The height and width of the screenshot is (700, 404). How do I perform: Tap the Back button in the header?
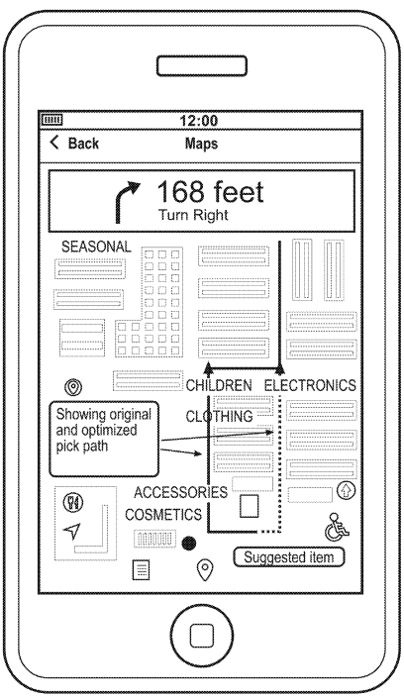coord(74,144)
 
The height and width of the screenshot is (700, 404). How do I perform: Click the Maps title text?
coord(201,144)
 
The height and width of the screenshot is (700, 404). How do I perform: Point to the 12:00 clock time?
coord(199,121)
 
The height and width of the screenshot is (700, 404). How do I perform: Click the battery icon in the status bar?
coord(52,120)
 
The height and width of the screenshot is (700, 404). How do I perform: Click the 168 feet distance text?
coord(210,192)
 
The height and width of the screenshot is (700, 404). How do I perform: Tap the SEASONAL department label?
coord(96,247)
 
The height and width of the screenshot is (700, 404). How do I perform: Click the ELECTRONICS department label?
coord(310,385)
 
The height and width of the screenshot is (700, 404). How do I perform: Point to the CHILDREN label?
coord(219,385)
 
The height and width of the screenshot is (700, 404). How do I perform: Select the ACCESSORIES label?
coord(181,492)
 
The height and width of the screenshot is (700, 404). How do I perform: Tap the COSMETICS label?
coord(163,514)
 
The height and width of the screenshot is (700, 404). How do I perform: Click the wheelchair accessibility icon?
coord(337,527)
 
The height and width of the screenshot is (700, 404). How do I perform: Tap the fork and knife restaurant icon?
coord(73,503)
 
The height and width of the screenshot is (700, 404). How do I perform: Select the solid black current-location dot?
coord(189,544)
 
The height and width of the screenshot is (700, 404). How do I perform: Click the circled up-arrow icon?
coord(346,491)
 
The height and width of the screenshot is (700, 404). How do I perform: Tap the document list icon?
coord(142,570)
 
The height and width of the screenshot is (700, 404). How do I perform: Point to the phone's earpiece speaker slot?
coord(202,65)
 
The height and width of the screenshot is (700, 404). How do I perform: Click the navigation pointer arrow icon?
coord(72,531)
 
